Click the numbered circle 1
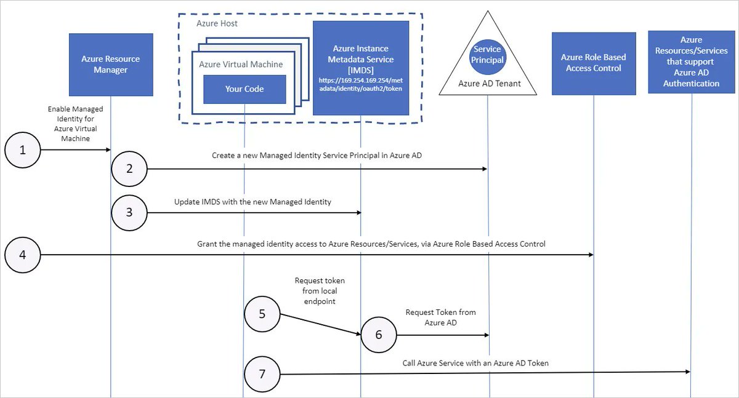point(23,149)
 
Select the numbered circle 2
point(129,168)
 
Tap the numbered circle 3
point(129,212)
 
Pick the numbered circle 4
point(23,253)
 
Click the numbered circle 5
point(262,314)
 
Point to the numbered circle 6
point(378,335)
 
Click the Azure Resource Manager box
point(111,65)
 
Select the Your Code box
point(244,89)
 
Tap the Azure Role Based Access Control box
point(593,63)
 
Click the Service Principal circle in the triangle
point(488,54)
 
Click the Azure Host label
point(217,23)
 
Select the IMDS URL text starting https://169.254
point(360,84)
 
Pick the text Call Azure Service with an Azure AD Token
point(475,363)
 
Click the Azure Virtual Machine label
point(241,64)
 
